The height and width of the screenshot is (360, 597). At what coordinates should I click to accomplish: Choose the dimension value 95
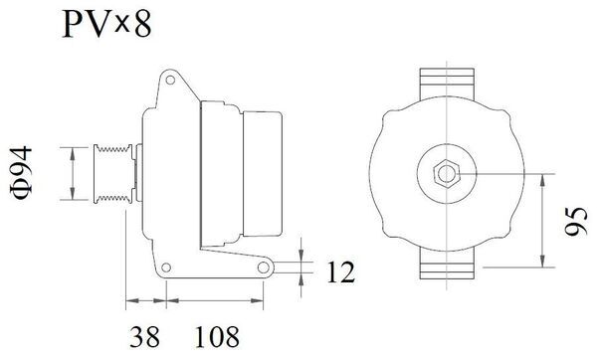pos(574,220)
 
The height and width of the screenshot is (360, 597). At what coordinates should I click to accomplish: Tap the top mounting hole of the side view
pos(171,78)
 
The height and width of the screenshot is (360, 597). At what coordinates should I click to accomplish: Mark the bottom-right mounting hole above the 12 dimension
pos(263,269)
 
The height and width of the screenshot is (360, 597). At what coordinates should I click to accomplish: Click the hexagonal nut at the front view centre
pos(443,172)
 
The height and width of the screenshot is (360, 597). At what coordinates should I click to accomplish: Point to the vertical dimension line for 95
pos(542,220)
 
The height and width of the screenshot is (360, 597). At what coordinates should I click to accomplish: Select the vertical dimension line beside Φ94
pos(76,173)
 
